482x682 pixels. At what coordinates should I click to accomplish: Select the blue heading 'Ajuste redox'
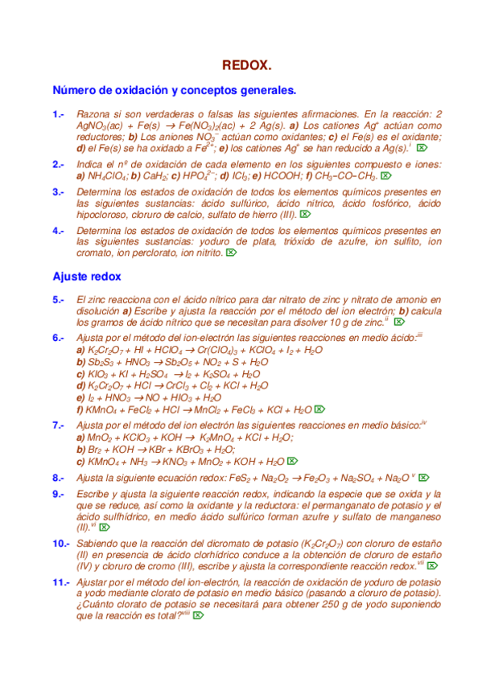click(x=87, y=276)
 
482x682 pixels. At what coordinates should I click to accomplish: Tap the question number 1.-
click(x=58, y=115)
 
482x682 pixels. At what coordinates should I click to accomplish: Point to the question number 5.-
click(x=58, y=300)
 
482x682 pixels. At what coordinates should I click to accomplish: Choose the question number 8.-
click(x=58, y=477)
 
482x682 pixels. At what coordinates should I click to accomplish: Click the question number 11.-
click(x=61, y=581)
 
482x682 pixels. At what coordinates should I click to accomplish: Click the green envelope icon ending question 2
click(x=385, y=175)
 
